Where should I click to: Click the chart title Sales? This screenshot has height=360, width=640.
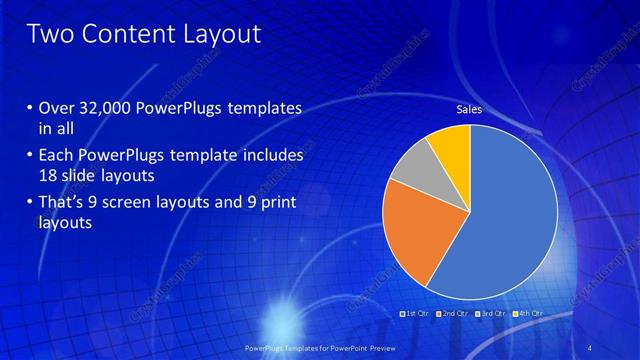point(469,110)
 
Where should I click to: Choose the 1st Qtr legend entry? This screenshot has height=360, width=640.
point(414,314)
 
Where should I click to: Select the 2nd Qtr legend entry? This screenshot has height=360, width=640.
point(452,314)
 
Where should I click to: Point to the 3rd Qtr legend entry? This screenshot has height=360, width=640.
point(490,314)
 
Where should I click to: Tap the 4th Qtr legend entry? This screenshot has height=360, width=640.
point(527,314)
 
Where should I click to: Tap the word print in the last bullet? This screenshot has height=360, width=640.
point(278,205)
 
